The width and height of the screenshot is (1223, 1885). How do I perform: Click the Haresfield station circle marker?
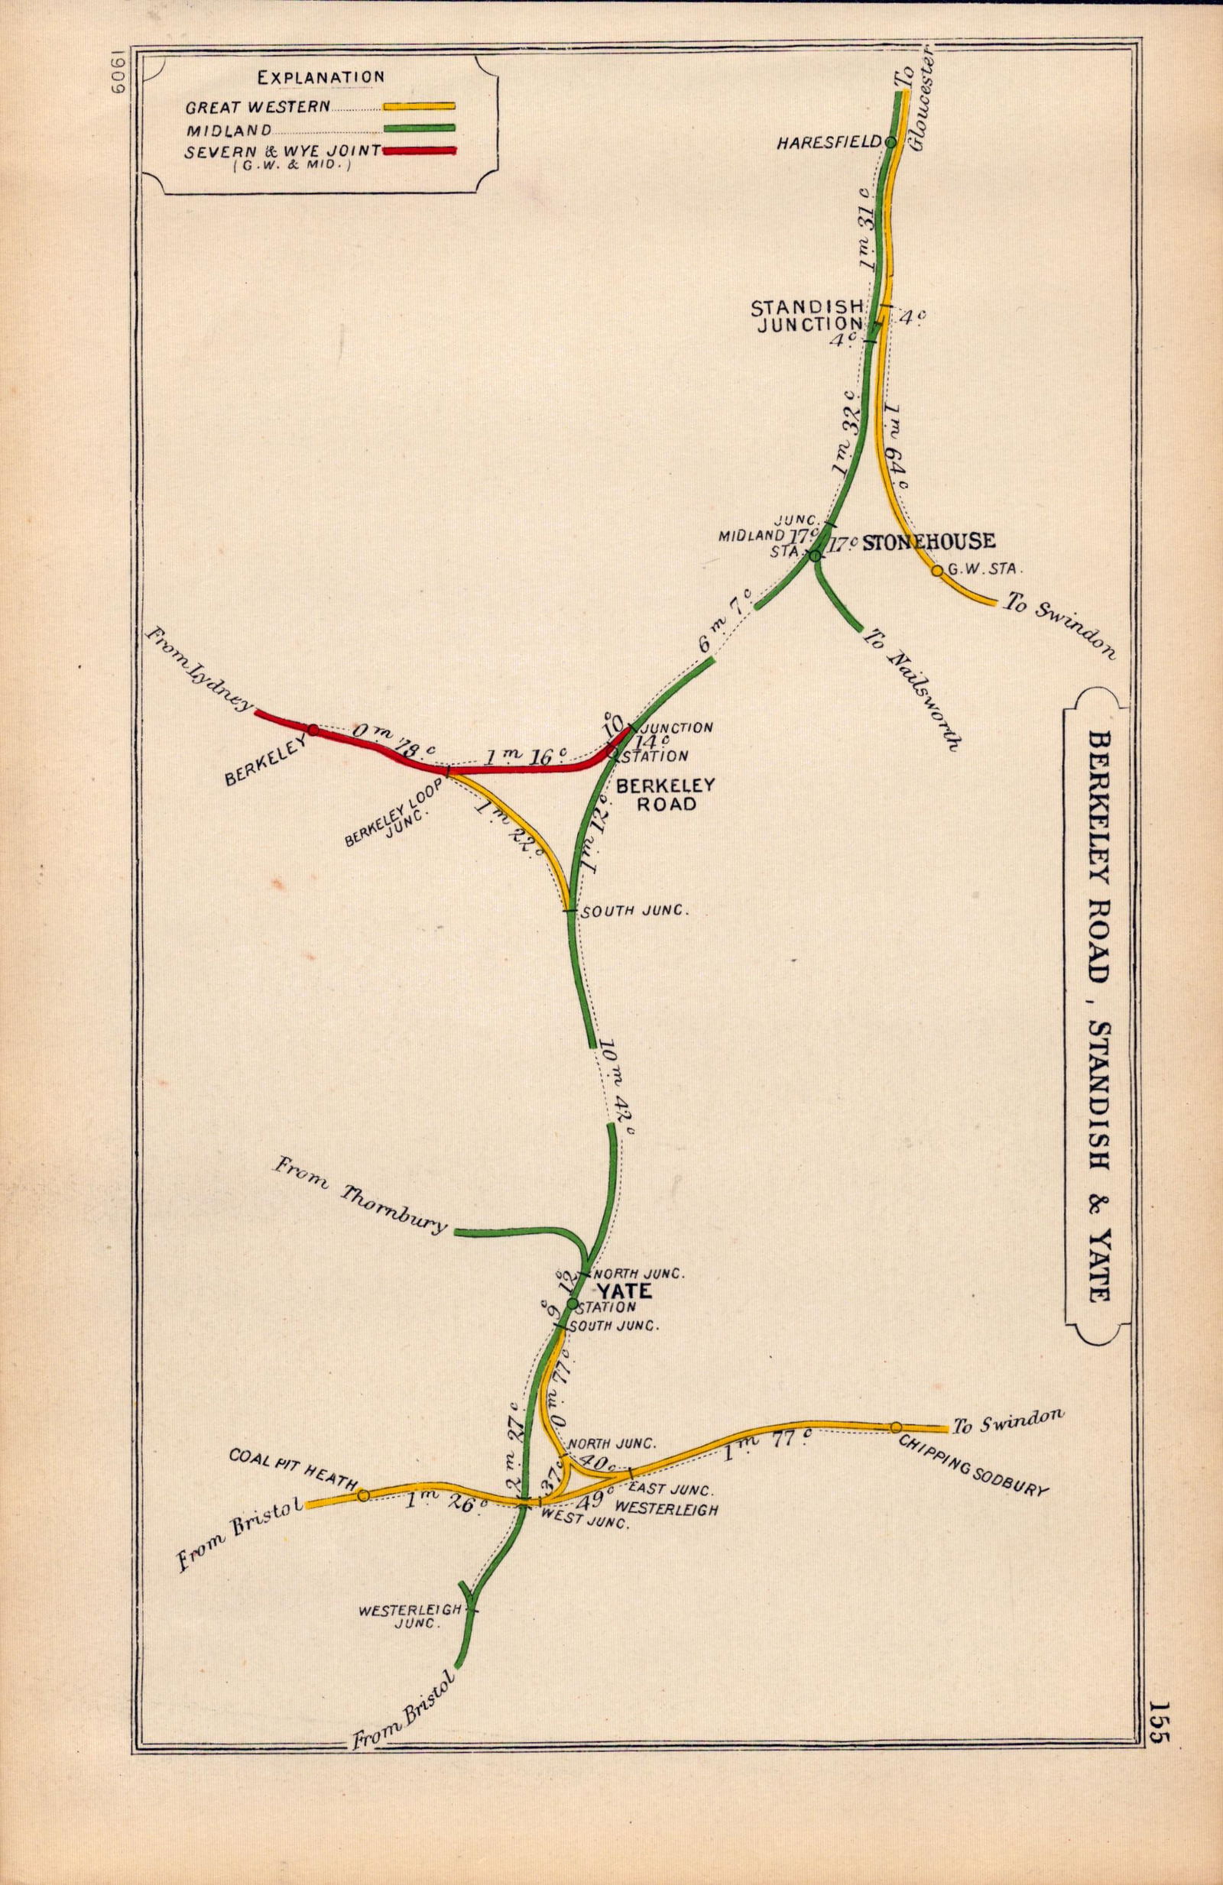point(890,143)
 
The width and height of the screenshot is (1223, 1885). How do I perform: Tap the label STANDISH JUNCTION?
point(805,315)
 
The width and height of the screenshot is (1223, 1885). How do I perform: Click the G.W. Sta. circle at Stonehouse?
point(937,570)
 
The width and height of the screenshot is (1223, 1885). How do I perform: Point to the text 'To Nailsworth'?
point(914,689)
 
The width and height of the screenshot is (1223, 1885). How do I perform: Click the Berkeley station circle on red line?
point(313,730)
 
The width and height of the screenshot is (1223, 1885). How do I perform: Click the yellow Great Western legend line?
point(419,105)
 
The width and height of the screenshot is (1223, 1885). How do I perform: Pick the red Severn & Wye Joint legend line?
point(419,151)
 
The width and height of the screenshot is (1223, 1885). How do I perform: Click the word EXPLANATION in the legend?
point(321,78)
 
